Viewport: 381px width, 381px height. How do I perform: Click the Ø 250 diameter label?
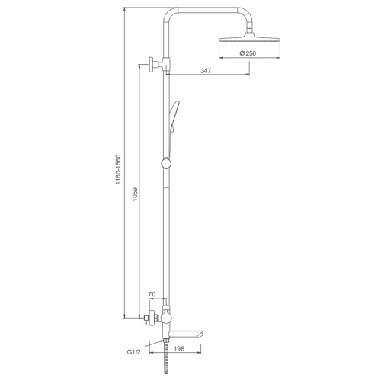pyautogui.click(x=248, y=53)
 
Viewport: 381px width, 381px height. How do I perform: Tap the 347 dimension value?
pyautogui.click(x=206, y=71)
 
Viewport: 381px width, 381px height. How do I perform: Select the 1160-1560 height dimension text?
pyautogui.click(x=119, y=169)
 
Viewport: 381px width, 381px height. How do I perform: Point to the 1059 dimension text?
pyautogui.click(x=135, y=194)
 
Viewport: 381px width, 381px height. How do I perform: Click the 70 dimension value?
pyautogui.click(x=152, y=294)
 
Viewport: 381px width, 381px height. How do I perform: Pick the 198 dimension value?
pyautogui.click(x=180, y=348)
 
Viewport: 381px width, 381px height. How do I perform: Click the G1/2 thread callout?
pyautogui.click(x=133, y=352)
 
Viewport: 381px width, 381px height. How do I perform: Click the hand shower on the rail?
pyautogui.click(x=174, y=117)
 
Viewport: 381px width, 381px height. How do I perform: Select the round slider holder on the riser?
pyautogui.click(x=166, y=163)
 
